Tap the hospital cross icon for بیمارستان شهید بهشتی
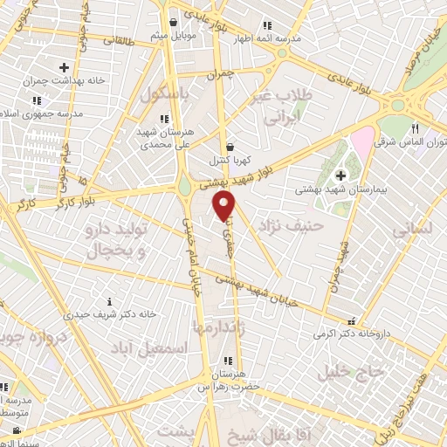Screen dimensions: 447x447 point(340,176)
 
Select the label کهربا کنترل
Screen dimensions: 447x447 point(230,161)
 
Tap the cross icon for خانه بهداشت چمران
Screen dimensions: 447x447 point(64,66)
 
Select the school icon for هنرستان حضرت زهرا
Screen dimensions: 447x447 point(227,361)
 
